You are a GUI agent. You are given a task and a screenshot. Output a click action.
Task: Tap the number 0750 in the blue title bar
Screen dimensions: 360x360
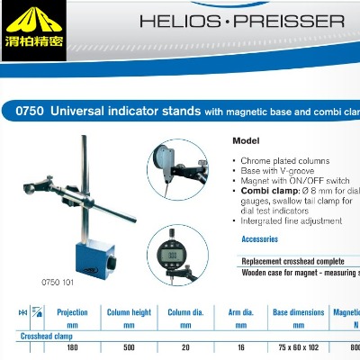pyautogui.click(x=30, y=112)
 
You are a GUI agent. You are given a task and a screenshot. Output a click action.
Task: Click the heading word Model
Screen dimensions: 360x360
pyautogui.click(x=246, y=141)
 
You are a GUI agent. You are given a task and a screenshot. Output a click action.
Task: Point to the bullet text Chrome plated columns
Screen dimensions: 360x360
pyautogui.click(x=279, y=159)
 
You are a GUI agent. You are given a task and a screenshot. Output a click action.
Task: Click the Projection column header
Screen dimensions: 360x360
pyautogui.click(x=72, y=312)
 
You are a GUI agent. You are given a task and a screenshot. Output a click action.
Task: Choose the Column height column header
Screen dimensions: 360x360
pyautogui.click(x=129, y=312)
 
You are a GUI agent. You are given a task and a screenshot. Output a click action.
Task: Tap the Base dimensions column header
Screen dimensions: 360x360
pyautogui.click(x=297, y=312)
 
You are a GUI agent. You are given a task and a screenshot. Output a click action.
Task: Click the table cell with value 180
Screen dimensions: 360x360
pyautogui.click(x=72, y=347)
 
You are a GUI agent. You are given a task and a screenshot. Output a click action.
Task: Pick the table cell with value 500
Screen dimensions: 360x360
pyautogui.click(x=129, y=347)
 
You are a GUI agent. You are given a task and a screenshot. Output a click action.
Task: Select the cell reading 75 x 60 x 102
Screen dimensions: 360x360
pyautogui.click(x=297, y=347)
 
